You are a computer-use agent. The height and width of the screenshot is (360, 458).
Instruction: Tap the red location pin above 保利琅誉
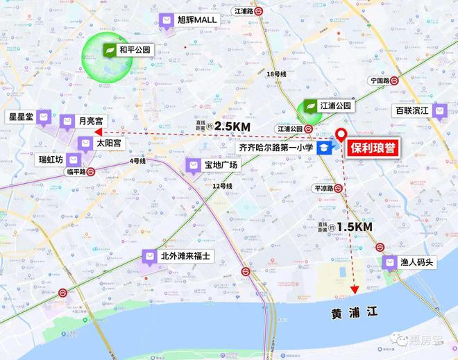pos(341,135)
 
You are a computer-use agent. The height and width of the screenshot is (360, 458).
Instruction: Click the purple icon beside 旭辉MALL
pos(167,21)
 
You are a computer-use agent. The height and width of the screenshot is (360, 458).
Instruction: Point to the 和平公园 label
pos(135,50)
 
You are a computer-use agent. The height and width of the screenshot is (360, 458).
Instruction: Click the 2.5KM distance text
pos(232,127)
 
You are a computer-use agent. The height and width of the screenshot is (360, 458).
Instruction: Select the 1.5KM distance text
pos(354,227)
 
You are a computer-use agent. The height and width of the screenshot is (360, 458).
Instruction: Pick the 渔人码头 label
pos(417,262)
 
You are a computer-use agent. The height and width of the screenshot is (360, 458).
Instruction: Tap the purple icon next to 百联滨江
pos(440,110)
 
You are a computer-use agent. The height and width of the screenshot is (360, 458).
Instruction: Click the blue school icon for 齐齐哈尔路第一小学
pos(324,148)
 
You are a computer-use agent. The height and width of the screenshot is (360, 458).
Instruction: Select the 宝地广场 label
pos(221,165)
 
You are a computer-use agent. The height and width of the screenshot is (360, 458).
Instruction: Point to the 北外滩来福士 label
pos(185,256)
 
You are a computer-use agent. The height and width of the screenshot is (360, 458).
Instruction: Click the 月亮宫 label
pos(91,121)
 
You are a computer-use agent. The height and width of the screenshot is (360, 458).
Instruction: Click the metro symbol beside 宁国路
pos(393,80)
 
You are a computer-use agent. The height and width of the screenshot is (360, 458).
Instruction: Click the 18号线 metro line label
pos(277,73)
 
